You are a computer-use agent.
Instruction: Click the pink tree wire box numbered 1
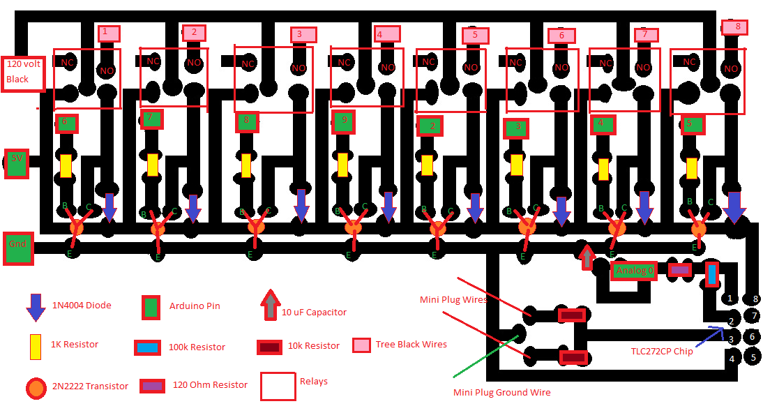coord(108,33)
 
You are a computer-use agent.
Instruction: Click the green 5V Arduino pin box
coord(17,163)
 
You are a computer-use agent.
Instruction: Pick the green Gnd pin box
coord(18,248)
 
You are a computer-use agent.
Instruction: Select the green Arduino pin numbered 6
coord(66,123)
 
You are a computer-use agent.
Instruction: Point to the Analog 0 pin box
coord(635,271)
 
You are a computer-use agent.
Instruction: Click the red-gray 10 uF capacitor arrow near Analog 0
coord(587,257)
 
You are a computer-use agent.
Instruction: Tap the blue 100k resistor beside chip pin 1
coord(711,274)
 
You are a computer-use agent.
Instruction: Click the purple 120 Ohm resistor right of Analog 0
coord(680,269)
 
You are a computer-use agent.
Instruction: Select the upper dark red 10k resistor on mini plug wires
coord(571,315)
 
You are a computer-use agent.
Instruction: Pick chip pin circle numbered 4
coord(731,359)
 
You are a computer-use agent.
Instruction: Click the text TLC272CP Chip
coord(661,351)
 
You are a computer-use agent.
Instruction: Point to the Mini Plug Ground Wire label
coord(501,392)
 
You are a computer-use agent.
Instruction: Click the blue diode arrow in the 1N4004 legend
coord(35,307)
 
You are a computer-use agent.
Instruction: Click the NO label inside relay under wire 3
coord(299,68)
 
